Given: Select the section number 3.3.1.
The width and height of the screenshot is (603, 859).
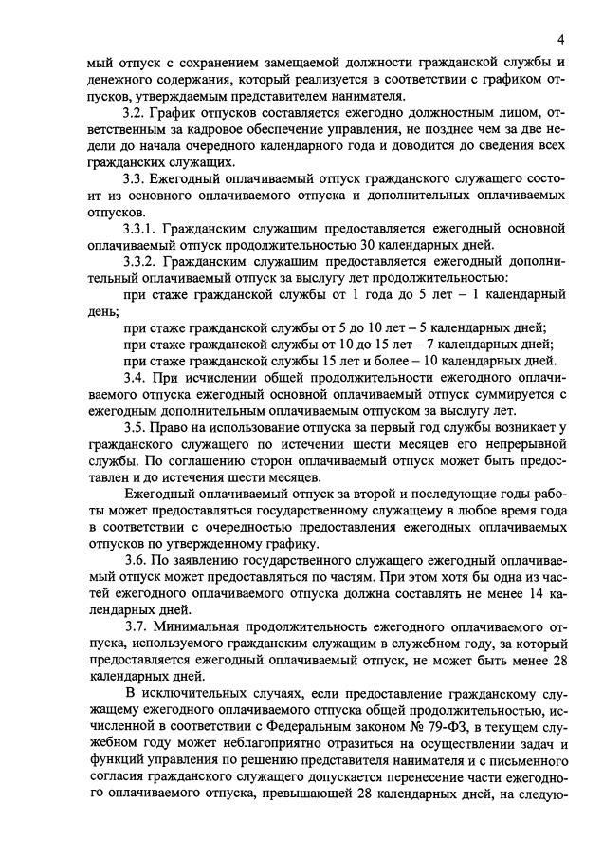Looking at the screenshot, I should tap(142, 229).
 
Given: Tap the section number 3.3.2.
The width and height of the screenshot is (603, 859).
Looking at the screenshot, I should tap(142, 262).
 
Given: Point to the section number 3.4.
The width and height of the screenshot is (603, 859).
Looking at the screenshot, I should tap(136, 377).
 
